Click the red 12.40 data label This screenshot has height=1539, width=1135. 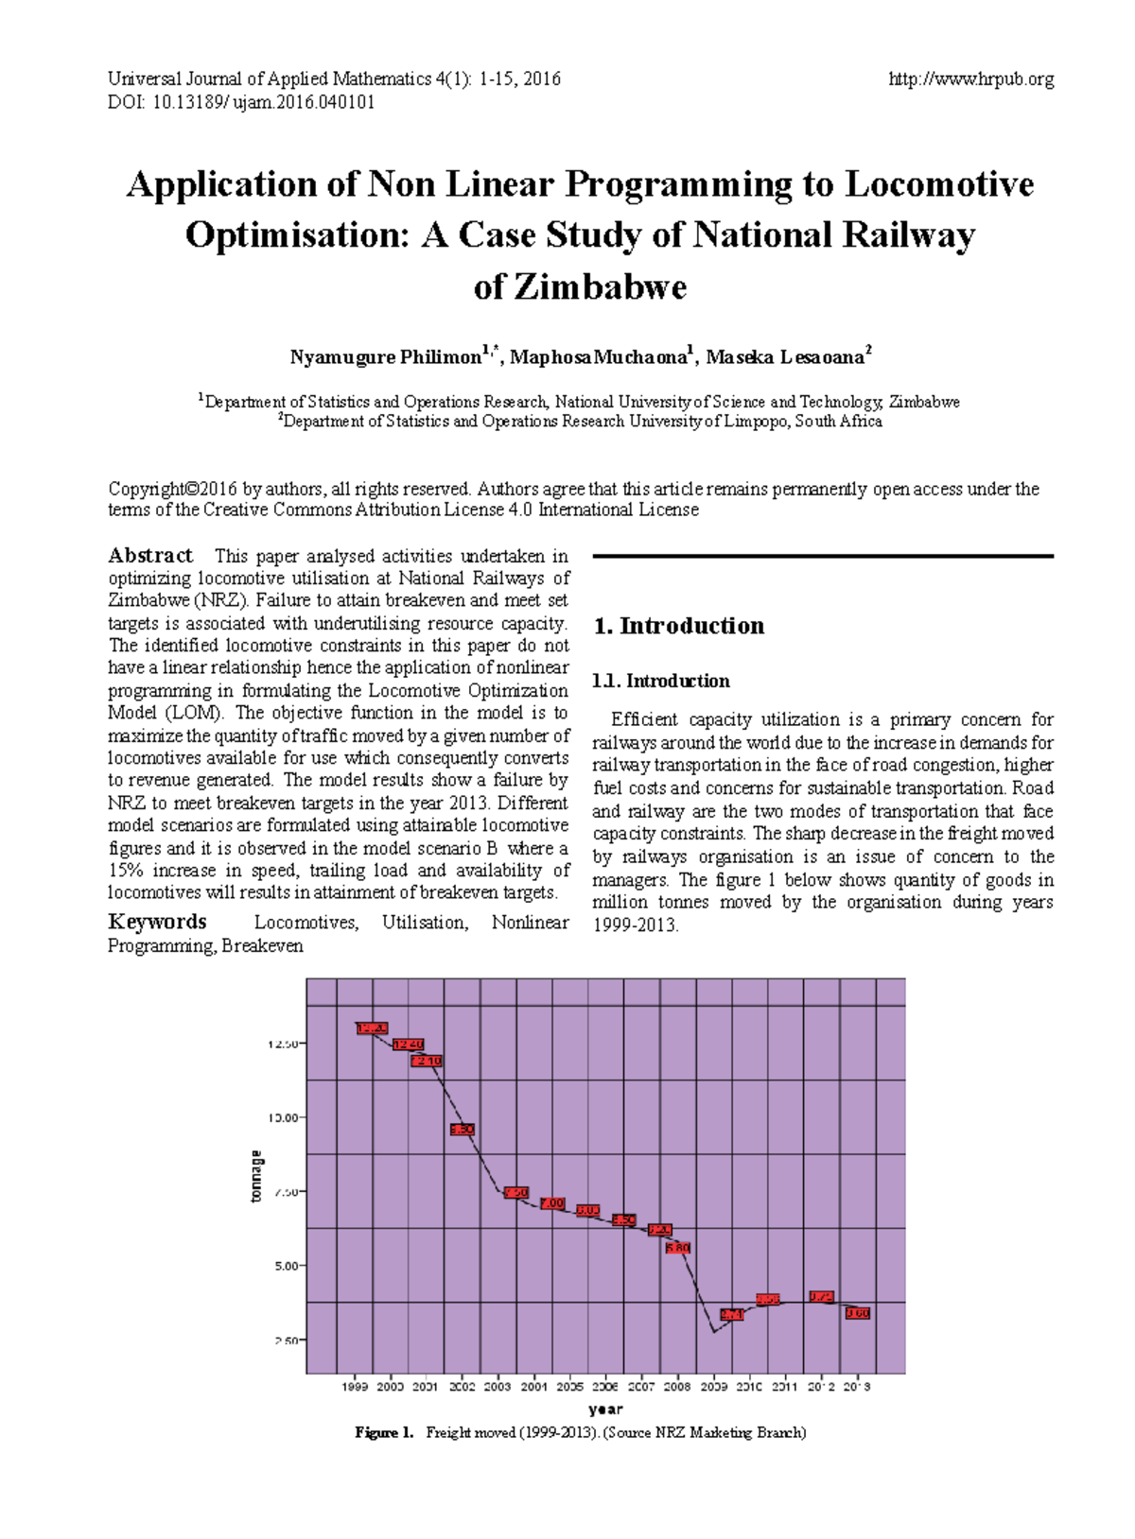coord(408,1045)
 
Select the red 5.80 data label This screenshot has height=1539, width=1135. coord(678,1248)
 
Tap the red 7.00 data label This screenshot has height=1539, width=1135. coord(552,1203)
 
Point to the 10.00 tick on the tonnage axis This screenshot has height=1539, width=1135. coord(285,1117)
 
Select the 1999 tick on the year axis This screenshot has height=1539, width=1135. coord(355,1387)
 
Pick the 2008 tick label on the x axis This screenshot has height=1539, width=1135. coord(677,1387)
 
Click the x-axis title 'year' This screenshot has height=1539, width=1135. coord(605,1409)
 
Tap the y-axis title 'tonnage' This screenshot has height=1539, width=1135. coord(255,1177)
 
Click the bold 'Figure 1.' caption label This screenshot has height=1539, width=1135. coord(384,1432)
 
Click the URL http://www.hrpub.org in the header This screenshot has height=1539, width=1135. coord(970,79)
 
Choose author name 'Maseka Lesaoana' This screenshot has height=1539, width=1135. coord(785,357)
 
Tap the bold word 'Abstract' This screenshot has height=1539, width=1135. coord(150,556)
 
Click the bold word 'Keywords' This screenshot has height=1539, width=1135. coord(157,922)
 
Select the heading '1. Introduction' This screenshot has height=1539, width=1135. coord(678,626)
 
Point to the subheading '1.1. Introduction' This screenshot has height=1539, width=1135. coord(660,681)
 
